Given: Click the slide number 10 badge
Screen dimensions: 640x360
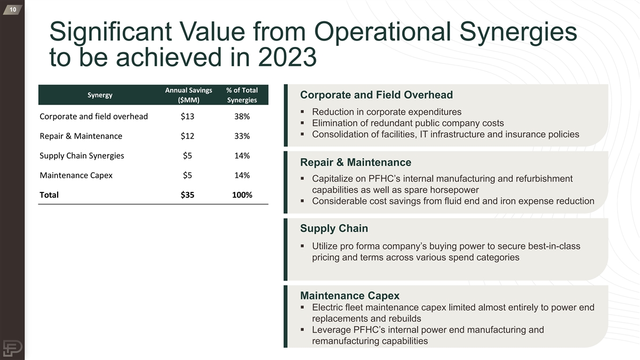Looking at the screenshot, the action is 13,10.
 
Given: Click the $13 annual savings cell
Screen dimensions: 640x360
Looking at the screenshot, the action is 187,117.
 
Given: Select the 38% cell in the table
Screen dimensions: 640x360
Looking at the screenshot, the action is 242,117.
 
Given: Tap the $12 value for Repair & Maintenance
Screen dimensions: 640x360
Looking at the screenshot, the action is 187,136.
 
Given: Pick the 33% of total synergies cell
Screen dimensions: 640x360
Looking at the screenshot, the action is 242,136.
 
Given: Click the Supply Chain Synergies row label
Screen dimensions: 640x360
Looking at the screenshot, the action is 82,156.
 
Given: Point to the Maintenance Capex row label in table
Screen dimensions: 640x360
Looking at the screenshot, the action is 76,175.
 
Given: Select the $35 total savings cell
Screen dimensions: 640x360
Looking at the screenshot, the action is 187,195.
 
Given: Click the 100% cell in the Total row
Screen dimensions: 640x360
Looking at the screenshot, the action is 242,195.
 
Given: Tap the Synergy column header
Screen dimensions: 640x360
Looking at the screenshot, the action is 100,95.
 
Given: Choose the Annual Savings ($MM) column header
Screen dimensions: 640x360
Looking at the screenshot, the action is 189,95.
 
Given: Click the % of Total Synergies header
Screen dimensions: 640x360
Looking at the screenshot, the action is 242,95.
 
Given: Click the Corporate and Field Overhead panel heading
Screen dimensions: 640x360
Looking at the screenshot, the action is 377,95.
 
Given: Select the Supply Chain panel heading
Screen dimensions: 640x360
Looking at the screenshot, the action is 334,228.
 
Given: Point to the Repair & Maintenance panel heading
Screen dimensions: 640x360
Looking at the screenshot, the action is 356,162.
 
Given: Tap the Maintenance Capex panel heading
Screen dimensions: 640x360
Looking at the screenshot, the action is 350,295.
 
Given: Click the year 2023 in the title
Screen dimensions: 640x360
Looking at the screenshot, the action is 287,57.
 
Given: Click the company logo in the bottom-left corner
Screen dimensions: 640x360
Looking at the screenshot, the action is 12,348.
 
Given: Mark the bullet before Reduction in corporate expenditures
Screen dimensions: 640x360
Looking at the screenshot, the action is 302,112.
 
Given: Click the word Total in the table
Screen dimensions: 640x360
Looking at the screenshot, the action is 49,195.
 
